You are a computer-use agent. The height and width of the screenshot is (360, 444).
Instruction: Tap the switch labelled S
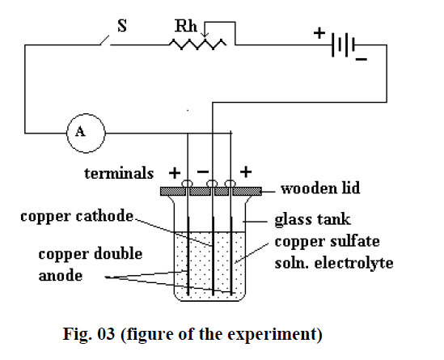click(x=105, y=40)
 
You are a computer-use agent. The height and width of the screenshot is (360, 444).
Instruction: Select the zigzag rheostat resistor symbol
click(x=197, y=44)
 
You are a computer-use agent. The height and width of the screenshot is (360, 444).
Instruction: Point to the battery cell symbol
click(x=344, y=45)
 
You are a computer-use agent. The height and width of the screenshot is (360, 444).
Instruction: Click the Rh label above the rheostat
click(x=186, y=26)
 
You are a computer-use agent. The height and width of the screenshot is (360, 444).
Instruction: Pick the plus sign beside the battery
click(x=319, y=33)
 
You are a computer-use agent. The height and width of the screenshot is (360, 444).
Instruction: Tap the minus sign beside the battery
click(x=362, y=59)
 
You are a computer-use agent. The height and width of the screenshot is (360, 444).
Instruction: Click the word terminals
click(x=119, y=173)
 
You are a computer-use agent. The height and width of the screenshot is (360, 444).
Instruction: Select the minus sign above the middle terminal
click(x=203, y=172)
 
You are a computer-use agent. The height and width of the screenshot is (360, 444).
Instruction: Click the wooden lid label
click(x=320, y=188)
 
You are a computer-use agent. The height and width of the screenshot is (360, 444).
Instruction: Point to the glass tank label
click(x=313, y=220)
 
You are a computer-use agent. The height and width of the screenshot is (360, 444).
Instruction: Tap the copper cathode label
click(x=77, y=216)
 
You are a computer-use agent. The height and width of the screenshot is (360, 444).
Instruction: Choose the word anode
click(x=61, y=275)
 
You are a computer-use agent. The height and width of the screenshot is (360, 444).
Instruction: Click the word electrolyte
click(x=354, y=263)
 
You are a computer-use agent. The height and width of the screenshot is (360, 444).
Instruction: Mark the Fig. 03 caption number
click(x=106, y=333)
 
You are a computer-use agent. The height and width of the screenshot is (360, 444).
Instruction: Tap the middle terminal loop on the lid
click(x=212, y=184)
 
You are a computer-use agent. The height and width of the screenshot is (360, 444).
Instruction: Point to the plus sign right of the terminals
click(x=246, y=172)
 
